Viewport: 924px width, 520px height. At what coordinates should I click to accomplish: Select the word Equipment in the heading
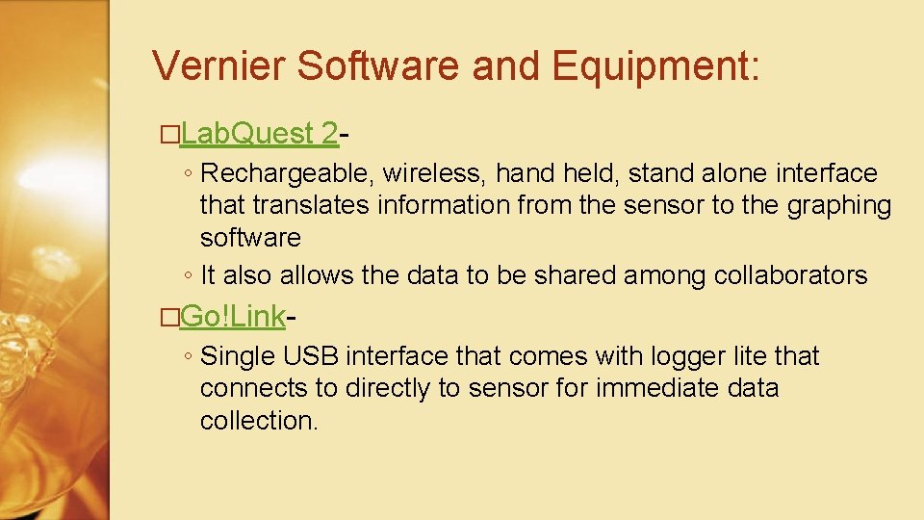[655, 66]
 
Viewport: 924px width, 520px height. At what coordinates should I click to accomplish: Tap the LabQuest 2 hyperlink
[259, 135]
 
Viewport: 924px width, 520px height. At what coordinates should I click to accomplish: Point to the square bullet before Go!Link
[170, 317]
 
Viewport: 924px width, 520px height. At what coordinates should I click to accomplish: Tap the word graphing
[837, 205]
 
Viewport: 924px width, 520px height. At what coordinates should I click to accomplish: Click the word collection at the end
[257, 421]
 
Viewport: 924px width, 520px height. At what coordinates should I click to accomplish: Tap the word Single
[239, 356]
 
